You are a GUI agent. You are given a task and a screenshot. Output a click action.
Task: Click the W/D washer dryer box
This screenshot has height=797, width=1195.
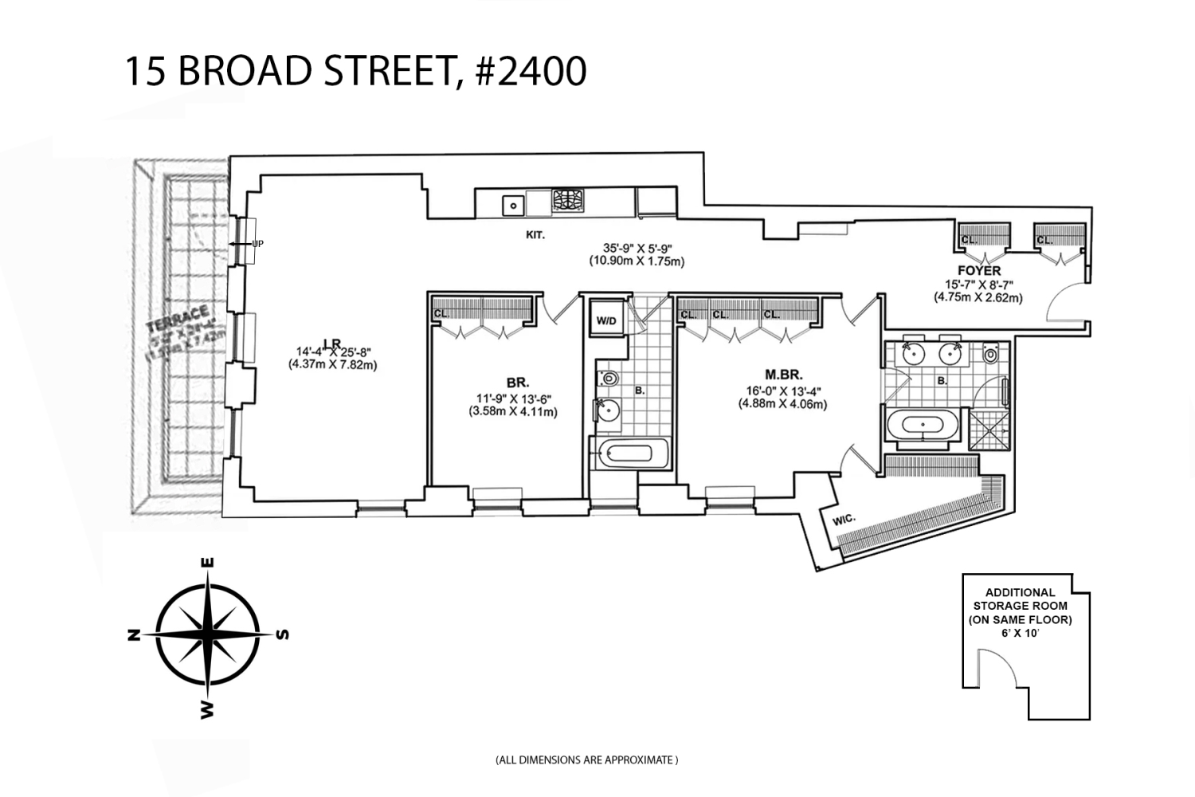pyautogui.click(x=606, y=321)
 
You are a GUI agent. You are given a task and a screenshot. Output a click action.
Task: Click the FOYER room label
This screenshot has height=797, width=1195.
pyautogui.click(x=979, y=271)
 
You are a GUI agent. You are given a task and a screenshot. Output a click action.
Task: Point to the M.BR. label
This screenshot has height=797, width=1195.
pyautogui.click(x=783, y=375)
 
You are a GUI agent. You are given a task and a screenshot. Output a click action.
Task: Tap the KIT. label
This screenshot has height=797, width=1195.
pyautogui.click(x=535, y=235)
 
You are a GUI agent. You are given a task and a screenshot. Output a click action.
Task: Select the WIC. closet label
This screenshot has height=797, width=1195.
pyautogui.click(x=844, y=520)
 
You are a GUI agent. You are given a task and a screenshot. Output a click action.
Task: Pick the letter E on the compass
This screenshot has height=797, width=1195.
pyautogui.click(x=209, y=563)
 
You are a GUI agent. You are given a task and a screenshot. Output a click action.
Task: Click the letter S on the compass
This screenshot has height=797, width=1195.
pyautogui.click(x=282, y=635)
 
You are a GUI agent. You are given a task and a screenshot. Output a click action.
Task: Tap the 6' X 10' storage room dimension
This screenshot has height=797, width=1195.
pyautogui.click(x=1020, y=632)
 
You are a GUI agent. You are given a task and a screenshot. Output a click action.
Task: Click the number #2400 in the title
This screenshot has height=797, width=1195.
pyautogui.click(x=530, y=71)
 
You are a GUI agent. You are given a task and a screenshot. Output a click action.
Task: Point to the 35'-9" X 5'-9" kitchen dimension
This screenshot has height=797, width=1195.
pyautogui.click(x=637, y=247)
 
